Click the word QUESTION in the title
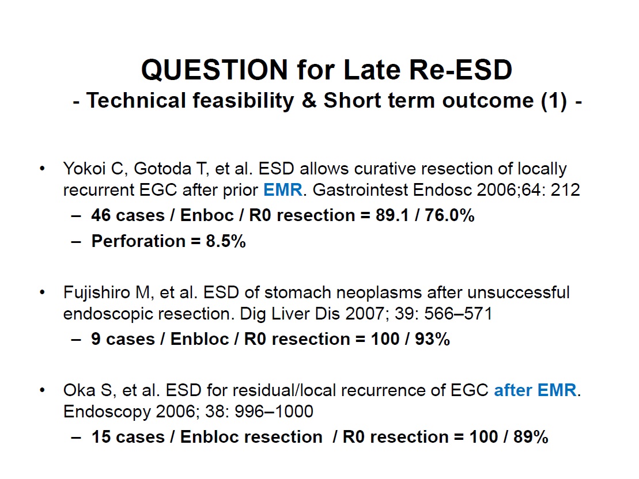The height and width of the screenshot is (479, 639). pyautogui.click(x=215, y=70)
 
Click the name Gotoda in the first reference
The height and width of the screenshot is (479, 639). pyautogui.click(x=162, y=169)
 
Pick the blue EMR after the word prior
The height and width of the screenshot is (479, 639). pyautogui.click(x=283, y=190)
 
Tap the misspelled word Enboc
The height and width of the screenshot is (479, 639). pyautogui.click(x=207, y=215)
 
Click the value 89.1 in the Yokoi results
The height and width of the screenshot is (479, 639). pyautogui.click(x=392, y=215)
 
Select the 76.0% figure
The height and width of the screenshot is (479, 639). pyautogui.click(x=449, y=215)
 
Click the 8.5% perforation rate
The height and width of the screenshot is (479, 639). pyautogui.click(x=226, y=241)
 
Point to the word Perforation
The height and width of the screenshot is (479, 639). pyautogui.click(x=138, y=241)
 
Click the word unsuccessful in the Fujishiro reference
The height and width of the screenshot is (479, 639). pyautogui.click(x=519, y=292)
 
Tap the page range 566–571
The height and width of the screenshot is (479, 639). pyautogui.click(x=458, y=314)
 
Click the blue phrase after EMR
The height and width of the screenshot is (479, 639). pyautogui.click(x=535, y=390)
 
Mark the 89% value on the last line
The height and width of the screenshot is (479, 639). pyautogui.click(x=531, y=436)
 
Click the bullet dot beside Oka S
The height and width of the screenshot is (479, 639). pyautogui.click(x=43, y=390)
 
